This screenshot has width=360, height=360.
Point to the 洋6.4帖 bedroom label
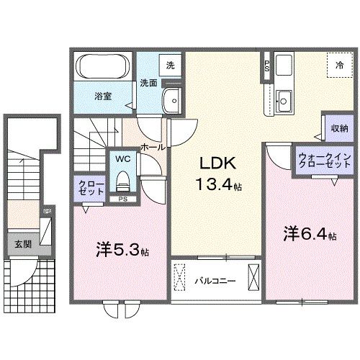point(309,233)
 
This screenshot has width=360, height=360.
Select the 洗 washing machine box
point(170,66)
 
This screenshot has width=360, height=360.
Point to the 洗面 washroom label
point(148,82)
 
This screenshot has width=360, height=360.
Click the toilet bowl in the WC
point(122,177)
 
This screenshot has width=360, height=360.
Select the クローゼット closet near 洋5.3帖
point(86,189)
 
